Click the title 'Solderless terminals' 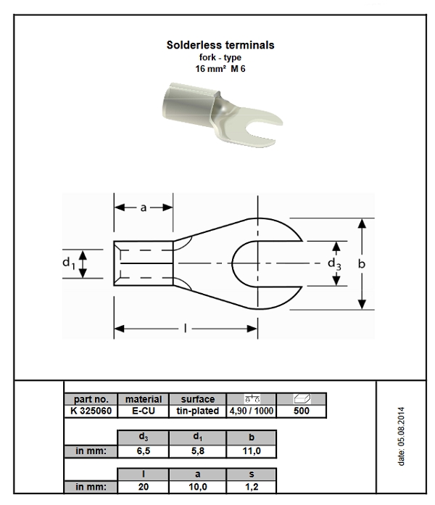tap(220, 45)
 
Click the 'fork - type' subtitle tap(220, 57)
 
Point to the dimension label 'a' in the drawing tap(144, 208)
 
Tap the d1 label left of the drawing tap(68, 263)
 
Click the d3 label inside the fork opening tap(333, 263)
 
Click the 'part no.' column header tap(91, 399)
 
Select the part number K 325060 tap(91, 411)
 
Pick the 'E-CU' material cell tap(143, 411)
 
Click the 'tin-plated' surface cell tap(197, 411)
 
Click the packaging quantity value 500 tap(301, 411)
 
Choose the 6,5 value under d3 tap(143, 451)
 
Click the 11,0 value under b tap(251, 451)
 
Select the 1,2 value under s tap(251, 487)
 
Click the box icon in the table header tap(301, 398)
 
